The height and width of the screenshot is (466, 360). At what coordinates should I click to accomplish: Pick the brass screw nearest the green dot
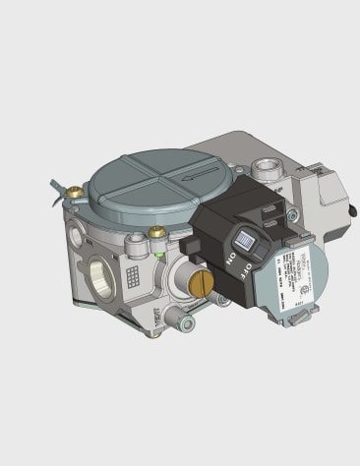(154, 233)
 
